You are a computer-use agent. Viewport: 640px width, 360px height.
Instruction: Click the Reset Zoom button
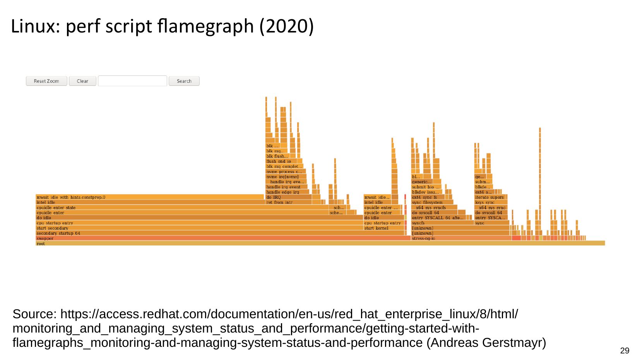coord(46,81)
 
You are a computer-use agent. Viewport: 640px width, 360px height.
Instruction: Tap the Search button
coord(184,81)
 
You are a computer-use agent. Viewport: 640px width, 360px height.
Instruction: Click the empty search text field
coord(132,81)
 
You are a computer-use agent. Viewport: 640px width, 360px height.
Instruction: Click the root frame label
coord(41,244)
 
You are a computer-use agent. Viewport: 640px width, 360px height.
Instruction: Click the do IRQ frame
coord(288,197)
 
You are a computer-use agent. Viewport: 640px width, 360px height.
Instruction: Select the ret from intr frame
coord(288,202)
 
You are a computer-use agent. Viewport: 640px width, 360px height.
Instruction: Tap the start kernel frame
coord(383,228)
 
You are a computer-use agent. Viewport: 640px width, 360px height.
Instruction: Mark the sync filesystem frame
coord(432,202)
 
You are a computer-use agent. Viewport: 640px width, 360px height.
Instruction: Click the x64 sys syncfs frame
coord(433,208)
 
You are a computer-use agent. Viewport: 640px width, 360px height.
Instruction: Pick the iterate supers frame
coord(490,197)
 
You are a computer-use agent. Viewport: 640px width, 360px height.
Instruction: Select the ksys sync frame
coord(490,202)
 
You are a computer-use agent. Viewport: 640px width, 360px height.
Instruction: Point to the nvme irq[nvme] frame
coord(286,177)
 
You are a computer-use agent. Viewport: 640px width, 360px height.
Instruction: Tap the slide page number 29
coord(625,351)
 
